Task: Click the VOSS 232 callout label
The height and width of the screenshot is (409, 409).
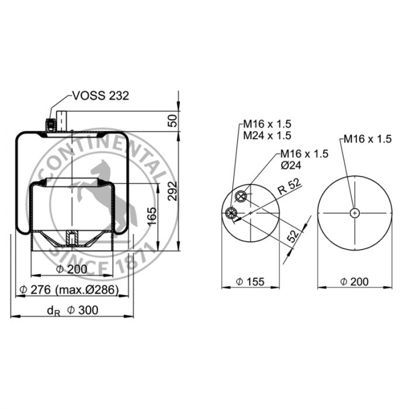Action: [x=100, y=96]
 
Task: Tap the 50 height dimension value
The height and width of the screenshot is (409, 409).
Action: [x=172, y=120]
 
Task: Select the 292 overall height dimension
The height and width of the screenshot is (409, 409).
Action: [x=172, y=191]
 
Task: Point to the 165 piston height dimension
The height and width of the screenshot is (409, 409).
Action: [x=152, y=216]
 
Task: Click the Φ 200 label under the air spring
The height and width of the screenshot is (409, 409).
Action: [x=72, y=269]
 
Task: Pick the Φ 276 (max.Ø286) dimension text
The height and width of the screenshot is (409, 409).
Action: [x=69, y=290]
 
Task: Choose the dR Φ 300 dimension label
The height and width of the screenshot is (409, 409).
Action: [x=72, y=310]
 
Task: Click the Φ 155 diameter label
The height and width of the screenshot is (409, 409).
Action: [x=250, y=282]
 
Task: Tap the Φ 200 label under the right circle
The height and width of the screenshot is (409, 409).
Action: [x=355, y=282]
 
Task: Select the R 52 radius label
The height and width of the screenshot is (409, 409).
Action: [x=289, y=187]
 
